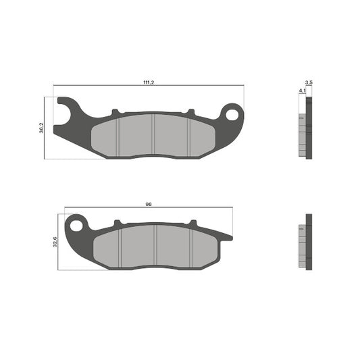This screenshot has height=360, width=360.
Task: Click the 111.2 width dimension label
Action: pos(147,82)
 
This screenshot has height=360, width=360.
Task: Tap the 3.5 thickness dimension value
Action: pos(309,82)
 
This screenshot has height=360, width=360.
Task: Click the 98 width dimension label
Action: pos(147,203)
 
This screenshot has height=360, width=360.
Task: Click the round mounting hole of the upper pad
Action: pos(233,114)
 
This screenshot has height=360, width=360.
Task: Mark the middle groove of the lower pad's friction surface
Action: pos(156,245)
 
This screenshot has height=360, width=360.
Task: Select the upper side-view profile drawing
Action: pos(305,128)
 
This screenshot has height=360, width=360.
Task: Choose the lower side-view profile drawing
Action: pos(305,242)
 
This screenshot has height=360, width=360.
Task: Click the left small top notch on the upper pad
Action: pos(115,111)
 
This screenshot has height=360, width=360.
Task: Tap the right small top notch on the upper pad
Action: pos(190,111)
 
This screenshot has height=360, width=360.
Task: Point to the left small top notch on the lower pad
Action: pos(118,222)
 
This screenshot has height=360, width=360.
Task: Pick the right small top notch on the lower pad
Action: pos(192,222)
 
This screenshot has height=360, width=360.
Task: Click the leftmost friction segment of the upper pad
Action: pos(105,135)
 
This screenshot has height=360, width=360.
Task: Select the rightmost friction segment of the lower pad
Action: pos(205,247)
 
